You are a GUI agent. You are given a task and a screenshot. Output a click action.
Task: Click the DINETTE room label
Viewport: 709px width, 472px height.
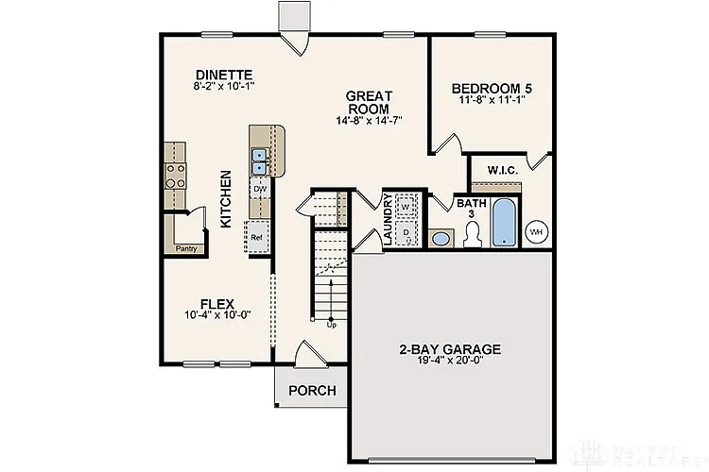pyautogui.click(x=224, y=75)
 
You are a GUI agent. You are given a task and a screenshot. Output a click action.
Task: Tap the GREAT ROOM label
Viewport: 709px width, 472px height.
pyautogui.click(x=369, y=102)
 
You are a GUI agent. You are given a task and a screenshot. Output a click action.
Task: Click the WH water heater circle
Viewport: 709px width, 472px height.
pyautogui.click(x=537, y=230)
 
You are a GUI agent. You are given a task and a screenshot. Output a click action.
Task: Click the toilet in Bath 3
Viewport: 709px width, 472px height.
pyautogui.click(x=474, y=232)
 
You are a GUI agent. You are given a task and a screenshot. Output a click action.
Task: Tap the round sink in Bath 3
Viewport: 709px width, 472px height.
pyautogui.click(x=441, y=238)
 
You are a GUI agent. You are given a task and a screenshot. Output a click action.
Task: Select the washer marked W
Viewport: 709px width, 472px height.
pyautogui.click(x=406, y=206)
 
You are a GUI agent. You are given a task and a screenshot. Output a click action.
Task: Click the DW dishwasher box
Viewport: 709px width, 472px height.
pyautogui.click(x=258, y=189)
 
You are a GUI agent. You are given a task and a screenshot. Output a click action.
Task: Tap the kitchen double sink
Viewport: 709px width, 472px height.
pyautogui.click(x=260, y=161)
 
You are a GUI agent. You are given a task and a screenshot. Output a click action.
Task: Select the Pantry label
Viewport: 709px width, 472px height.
pyautogui.click(x=187, y=248)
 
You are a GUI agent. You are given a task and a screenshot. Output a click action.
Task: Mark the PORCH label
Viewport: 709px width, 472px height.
pyautogui.click(x=311, y=390)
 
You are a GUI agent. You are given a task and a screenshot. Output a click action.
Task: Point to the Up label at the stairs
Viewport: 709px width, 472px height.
pyautogui.click(x=331, y=326)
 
